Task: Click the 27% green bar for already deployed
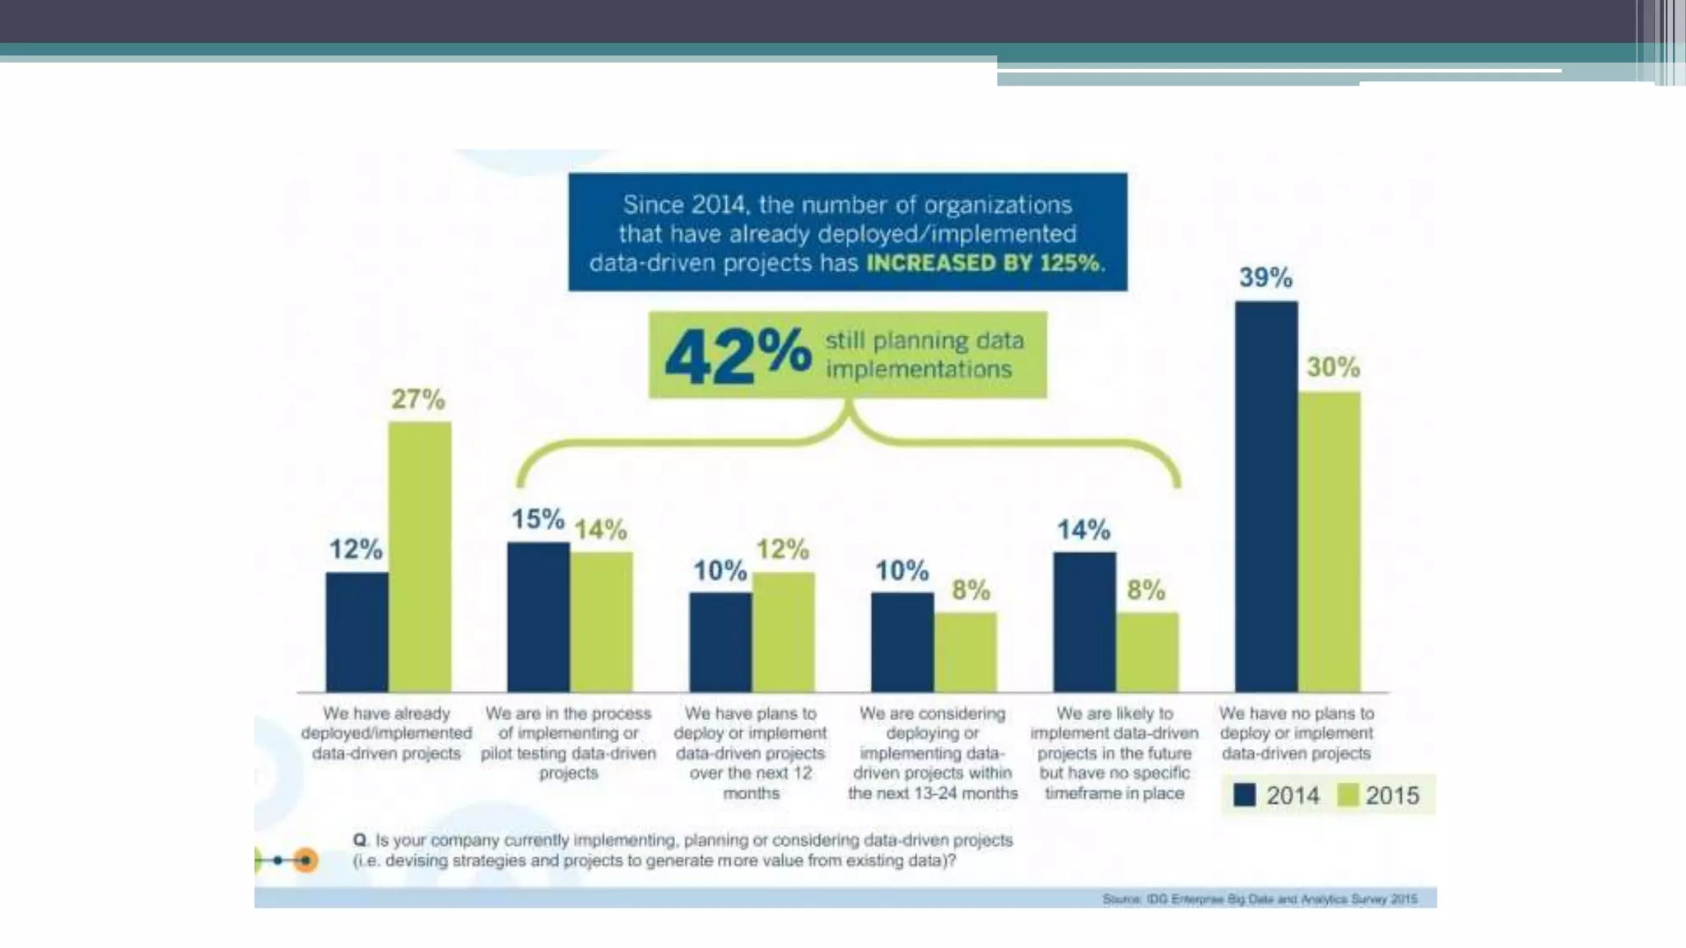(x=419, y=556)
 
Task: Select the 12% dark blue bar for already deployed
(x=356, y=632)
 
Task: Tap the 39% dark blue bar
(x=1266, y=496)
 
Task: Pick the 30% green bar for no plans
(x=1330, y=541)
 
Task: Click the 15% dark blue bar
(x=538, y=617)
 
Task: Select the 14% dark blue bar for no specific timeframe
(x=1084, y=622)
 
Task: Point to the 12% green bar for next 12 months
(x=783, y=632)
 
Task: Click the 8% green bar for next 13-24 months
(x=965, y=652)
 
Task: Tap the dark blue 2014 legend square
(x=1245, y=795)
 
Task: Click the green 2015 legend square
(x=1348, y=795)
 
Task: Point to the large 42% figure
(x=738, y=355)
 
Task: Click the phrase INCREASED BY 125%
(x=985, y=263)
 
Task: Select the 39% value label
(x=1265, y=277)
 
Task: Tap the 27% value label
(x=418, y=399)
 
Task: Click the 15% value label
(x=538, y=519)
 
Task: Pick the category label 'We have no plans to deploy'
(x=1297, y=732)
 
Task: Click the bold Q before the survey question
(x=360, y=840)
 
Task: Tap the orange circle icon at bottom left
(x=305, y=860)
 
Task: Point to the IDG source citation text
(x=1260, y=899)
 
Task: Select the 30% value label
(x=1333, y=367)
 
